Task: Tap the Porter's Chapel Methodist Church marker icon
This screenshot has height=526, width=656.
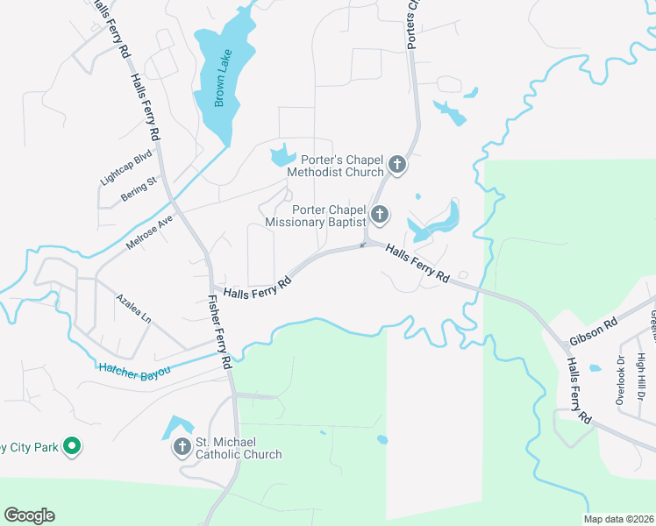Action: (397, 164)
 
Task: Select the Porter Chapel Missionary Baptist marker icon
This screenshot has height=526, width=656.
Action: (380, 214)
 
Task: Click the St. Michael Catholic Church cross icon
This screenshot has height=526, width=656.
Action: (182, 447)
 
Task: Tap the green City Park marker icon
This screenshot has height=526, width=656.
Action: (73, 447)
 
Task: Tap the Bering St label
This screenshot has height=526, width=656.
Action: (139, 188)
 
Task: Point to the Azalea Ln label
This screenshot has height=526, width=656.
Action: (133, 309)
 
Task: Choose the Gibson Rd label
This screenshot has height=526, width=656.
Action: (594, 326)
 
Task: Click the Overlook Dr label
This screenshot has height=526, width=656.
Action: (621, 379)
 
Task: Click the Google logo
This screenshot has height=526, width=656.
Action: (29, 515)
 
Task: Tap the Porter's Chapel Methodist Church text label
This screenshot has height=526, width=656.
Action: (343, 166)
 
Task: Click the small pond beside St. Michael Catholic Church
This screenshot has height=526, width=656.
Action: (174, 427)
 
